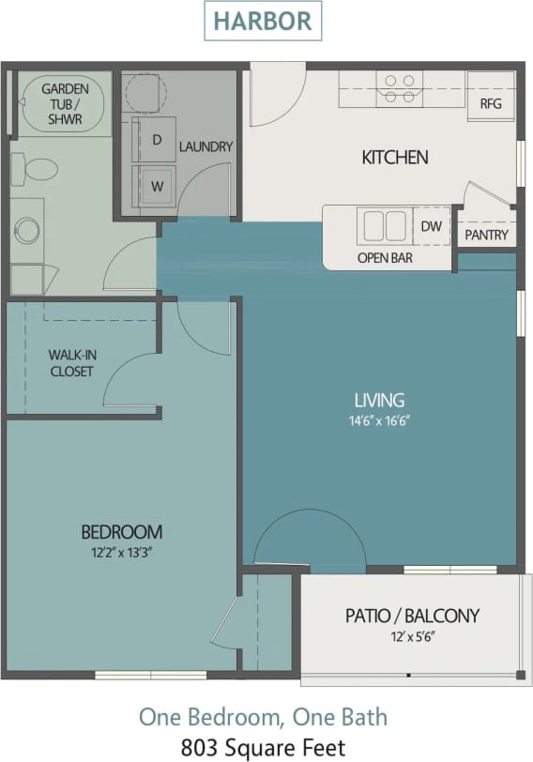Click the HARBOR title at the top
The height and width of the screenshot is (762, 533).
click(x=263, y=21)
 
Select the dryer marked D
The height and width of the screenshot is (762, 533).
click(x=157, y=140)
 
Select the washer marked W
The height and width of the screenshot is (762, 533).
click(x=157, y=186)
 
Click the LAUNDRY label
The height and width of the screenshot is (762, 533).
click(x=206, y=146)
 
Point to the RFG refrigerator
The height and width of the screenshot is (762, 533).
click(x=491, y=103)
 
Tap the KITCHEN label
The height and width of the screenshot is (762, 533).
click(x=394, y=157)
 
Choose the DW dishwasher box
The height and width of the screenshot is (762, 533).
click(x=431, y=226)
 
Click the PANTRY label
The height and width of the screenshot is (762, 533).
click(x=486, y=235)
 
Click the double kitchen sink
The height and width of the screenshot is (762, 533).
click(x=383, y=226)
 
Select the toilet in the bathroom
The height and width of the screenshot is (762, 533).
click(x=39, y=170)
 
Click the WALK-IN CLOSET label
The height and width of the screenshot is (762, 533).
click(x=71, y=363)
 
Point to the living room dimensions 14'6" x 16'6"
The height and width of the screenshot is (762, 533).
click(x=379, y=421)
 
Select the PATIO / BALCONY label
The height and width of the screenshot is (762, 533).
click(x=412, y=616)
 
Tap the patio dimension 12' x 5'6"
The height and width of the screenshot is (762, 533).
click(x=412, y=637)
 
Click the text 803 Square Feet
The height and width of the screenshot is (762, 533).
click(x=263, y=747)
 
